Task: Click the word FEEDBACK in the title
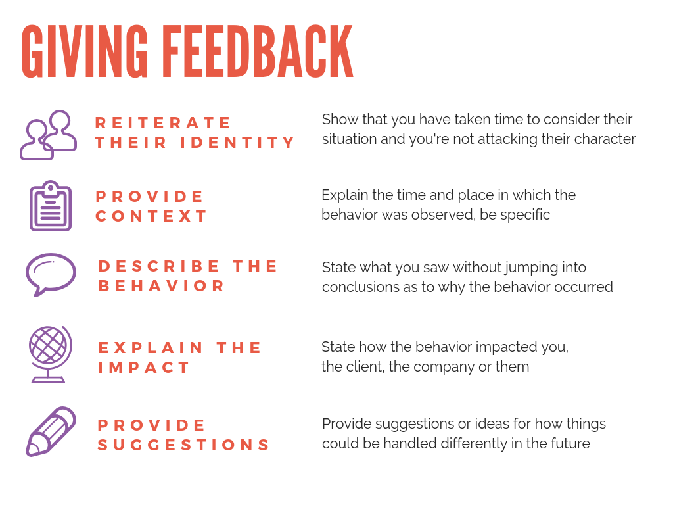258,52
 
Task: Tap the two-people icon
49,135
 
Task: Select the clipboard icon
50,206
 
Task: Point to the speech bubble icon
51,274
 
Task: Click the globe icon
50,354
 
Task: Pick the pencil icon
51,431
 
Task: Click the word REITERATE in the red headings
164,123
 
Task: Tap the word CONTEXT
152,216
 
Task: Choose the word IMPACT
145,367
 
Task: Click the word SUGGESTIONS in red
184,445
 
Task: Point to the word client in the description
365,367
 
